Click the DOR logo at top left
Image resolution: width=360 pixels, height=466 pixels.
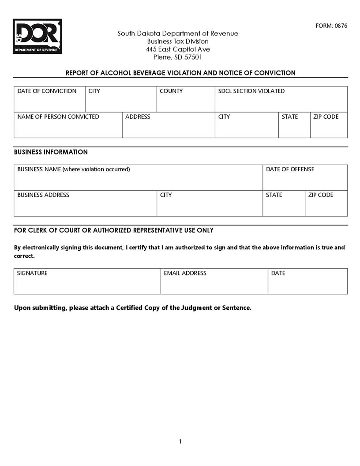coord(37,36)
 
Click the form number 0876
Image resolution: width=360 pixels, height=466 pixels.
coord(331,26)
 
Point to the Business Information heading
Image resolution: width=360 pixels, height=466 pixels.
coord(51,152)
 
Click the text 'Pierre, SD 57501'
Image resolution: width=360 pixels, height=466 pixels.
coord(178,57)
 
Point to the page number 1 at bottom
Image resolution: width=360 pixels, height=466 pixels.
coord(180,442)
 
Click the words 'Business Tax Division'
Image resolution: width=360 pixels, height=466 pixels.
coord(178,41)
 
